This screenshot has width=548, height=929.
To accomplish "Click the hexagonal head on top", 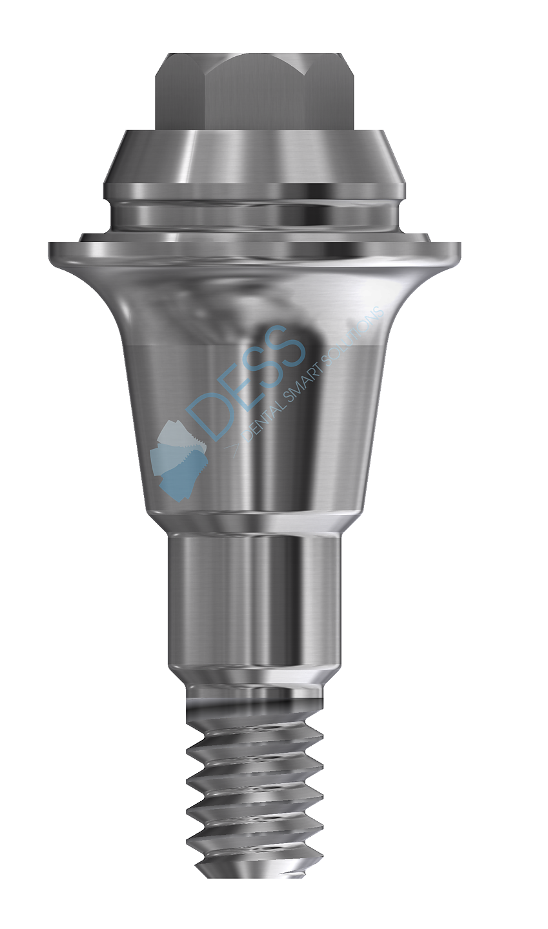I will [254, 90].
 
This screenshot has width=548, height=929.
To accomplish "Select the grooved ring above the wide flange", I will [254, 210].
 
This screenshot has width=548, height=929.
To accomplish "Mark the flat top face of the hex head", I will [254, 58].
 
